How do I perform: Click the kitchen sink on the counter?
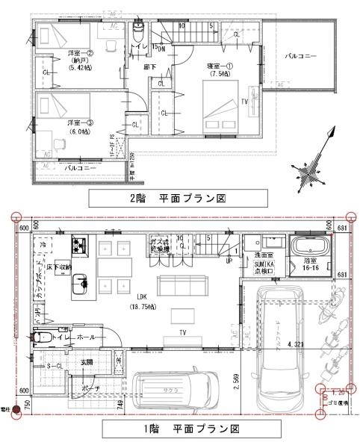[x=79, y=283]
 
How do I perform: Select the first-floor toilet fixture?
[x=43, y=337]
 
